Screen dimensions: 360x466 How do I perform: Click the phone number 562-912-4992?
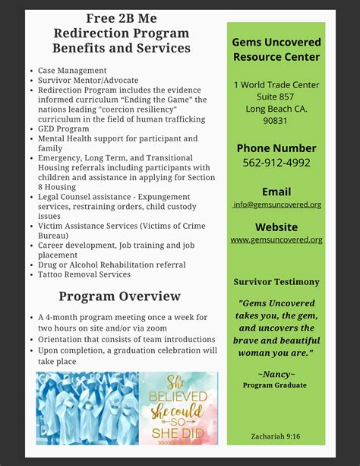pyautogui.click(x=276, y=162)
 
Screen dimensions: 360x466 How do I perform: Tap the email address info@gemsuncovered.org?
pyautogui.click(x=277, y=204)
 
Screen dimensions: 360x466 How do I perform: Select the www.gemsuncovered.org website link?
pyautogui.click(x=276, y=239)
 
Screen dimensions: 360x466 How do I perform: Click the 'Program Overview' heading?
pyautogui.click(x=120, y=296)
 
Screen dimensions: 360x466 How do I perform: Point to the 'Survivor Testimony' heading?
pyautogui.click(x=276, y=282)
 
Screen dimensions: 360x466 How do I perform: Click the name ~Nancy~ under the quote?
pyautogui.click(x=276, y=374)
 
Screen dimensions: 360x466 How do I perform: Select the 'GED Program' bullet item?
pyautogui.click(x=64, y=129)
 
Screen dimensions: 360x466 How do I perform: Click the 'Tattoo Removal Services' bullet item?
pyautogui.click(x=84, y=274)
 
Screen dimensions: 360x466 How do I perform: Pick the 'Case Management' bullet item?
pyautogui.click(x=72, y=71)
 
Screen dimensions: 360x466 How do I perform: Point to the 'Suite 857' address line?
pyautogui.click(x=276, y=97)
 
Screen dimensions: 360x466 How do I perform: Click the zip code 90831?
pyautogui.click(x=276, y=122)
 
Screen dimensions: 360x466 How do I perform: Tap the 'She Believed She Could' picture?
pyautogui.click(x=178, y=407)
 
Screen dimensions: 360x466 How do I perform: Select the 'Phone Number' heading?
pyautogui.click(x=276, y=147)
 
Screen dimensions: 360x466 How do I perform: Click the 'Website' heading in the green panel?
pyautogui.click(x=276, y=226)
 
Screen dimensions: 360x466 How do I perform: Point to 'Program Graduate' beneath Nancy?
pyautogui.click(x=275, y=385)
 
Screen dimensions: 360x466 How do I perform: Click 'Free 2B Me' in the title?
pyautogui.click(x=121, y=17)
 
